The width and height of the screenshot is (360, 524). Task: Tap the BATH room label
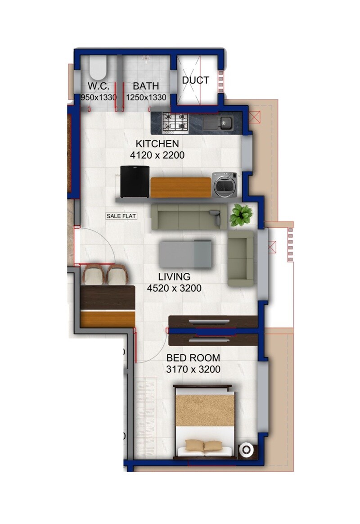click(x=146, y=86)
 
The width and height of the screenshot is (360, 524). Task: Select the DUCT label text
click(x=196, y=80)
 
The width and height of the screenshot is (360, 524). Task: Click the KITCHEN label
click(x=157, y=144)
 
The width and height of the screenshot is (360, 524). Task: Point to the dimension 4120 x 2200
click(x=157, y=155)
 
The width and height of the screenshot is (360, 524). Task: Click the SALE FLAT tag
click(x=121, y=216)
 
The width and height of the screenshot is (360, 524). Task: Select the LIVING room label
click(x=174, y=276)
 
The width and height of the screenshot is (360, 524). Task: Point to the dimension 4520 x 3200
click(x=174, y=288)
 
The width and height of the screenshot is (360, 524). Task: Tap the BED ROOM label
click(x=193, y=358)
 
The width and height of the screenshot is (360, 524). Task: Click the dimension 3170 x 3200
click(x=193, y=370)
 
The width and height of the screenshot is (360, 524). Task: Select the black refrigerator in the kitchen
click(x=135, y=181)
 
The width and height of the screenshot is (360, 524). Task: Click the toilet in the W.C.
click(x=96, y=68)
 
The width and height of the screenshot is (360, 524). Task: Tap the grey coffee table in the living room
click(x=185, y=253)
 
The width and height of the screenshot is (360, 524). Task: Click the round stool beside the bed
click(x=246, y=450)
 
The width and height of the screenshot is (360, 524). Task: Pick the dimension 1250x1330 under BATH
click(x=146, y=97)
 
